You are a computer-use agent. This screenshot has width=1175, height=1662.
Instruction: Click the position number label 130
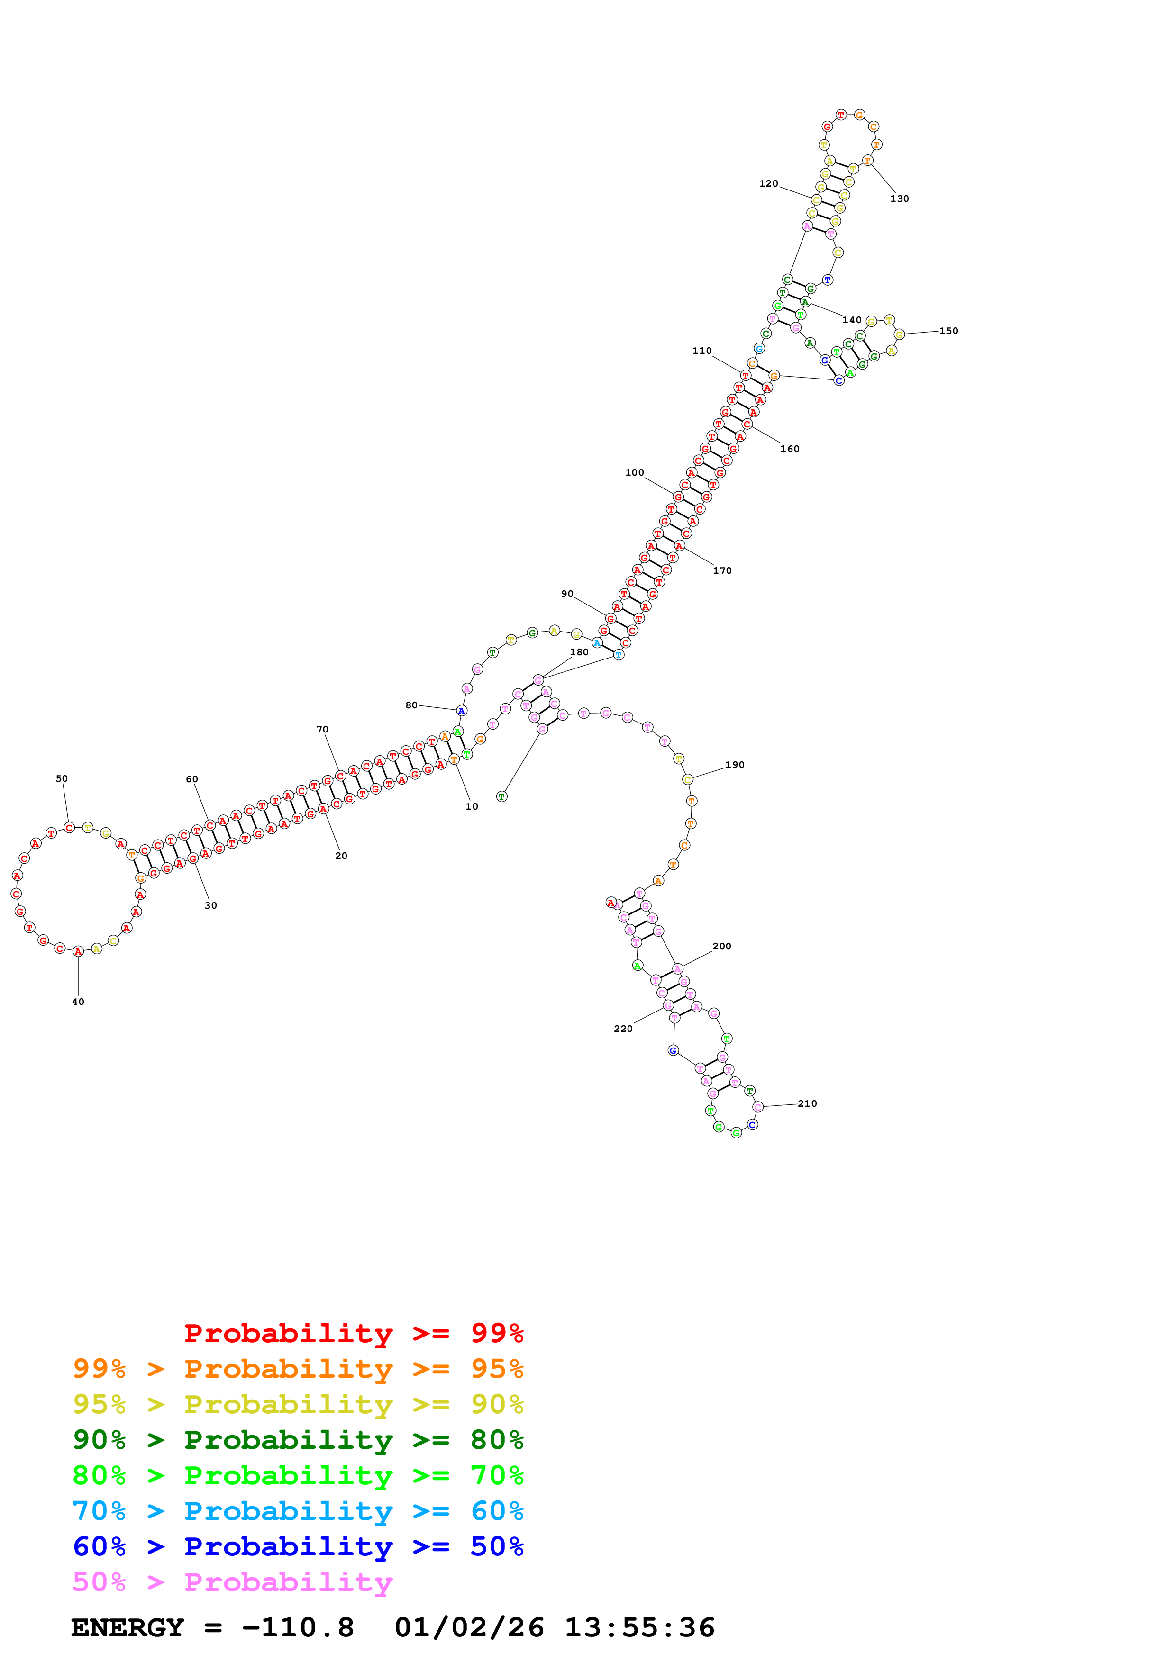[x=899, y=199]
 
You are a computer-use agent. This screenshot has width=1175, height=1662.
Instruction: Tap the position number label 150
[x=948, y=331]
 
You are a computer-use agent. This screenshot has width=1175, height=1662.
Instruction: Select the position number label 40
[x=78, y=1002]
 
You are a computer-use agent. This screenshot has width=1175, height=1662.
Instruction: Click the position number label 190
[x=735, y=764]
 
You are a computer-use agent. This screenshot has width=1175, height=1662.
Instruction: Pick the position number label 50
[x=62, y=779]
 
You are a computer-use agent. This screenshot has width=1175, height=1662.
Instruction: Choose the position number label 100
[x=634, y=473]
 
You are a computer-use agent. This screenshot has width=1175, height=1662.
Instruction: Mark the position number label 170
[x=722, y=570]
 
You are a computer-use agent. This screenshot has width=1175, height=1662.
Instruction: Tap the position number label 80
[x=411, y=705]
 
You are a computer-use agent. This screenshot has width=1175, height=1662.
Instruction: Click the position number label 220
[x=623, y=1029]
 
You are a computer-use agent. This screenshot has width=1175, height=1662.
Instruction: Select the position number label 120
[x=768, y=184]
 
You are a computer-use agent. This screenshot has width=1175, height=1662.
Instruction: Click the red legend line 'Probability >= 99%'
[x=353, y=1333]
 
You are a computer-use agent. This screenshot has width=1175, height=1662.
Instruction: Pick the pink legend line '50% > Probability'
[x=232, y=1581]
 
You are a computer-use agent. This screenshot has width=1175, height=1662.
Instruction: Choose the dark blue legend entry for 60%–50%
[x=298, y=1546]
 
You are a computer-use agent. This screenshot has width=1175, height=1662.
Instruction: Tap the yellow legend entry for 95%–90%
[x=298, y=1404]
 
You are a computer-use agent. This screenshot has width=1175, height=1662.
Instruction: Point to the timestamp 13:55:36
[x=639, y=1628]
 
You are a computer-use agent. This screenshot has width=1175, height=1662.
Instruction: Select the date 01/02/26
[x=469, y=1628]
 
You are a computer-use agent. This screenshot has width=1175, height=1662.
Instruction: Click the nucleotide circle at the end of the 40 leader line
[x=78, y=951]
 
